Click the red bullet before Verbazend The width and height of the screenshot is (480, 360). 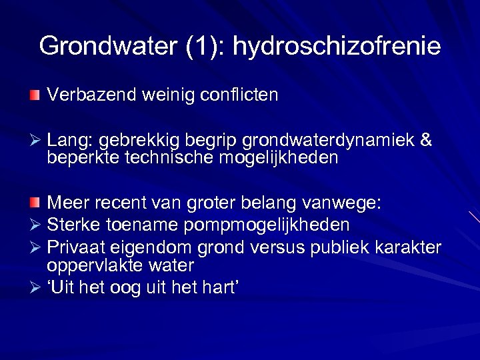click(x=35, y=95)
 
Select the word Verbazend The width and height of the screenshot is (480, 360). click(x=91, y=95)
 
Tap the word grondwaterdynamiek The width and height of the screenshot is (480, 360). click(x=329, y=141)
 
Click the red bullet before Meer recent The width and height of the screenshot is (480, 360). click(x=35, y=202)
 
